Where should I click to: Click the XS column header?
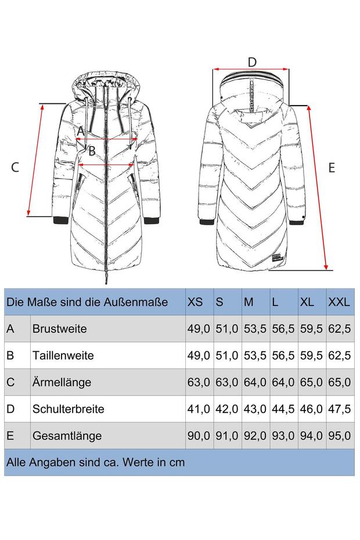[195, 302]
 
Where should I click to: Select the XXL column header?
[339, 302]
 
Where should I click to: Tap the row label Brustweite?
[60, 329]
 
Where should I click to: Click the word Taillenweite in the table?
[63, 355]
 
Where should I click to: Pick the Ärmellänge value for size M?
[255, 382]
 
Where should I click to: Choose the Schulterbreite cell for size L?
[283, 409]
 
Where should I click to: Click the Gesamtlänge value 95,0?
[339, 436]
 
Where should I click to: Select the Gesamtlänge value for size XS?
[199, 436]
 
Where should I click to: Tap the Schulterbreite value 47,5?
[339, 409]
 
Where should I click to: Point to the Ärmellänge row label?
[62, 382]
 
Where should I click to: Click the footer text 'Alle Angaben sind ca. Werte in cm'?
[95, 462]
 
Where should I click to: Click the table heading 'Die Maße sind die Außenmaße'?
[87, 302]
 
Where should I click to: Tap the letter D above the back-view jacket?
[252, 62]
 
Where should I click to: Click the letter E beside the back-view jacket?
[332, 168]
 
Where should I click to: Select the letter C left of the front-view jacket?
[15, 167]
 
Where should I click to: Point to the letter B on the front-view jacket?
[92, 151]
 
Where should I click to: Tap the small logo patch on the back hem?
[276, 258]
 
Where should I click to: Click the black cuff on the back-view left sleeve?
[207, 222]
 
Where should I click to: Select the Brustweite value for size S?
[226, 329]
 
